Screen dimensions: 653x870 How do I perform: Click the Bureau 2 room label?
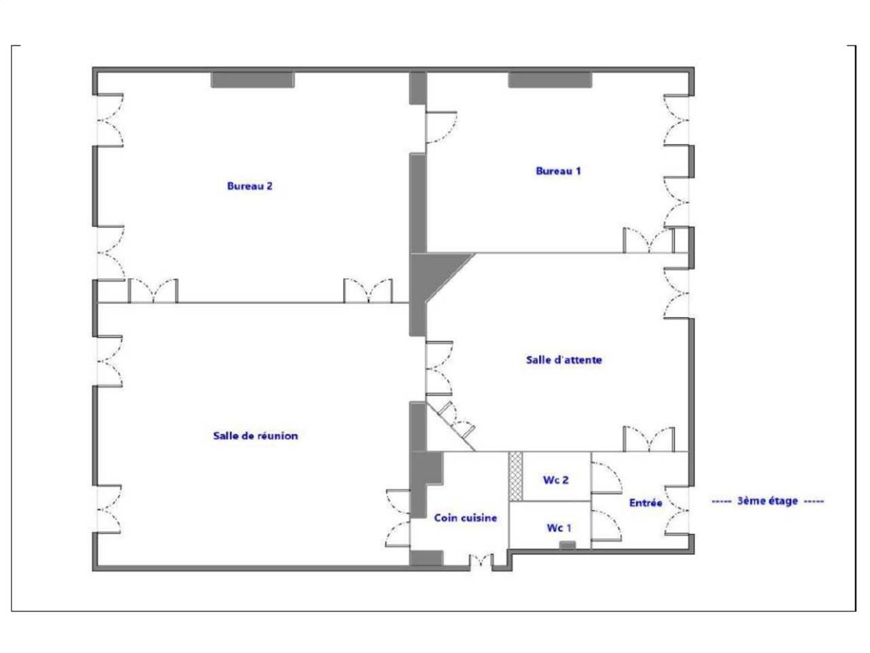coord(249,186)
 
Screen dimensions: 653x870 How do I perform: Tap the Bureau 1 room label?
coord(558,171)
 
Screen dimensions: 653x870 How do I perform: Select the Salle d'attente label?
coord(563,360)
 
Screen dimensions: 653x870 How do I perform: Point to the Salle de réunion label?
coord(255,435)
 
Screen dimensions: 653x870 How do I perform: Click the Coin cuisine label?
coord(465,518)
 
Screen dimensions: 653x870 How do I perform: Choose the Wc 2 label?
coord(555,480)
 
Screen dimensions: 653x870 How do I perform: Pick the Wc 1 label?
coord(559,528)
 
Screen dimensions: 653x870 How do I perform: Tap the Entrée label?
coord(645,503)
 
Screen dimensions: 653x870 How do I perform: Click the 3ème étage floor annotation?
coord(767,501)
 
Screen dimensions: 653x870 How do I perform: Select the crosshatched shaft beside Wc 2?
coord(515,476)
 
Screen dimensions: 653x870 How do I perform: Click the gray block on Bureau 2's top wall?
coord(252,80)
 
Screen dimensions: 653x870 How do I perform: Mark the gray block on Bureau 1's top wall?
coord(550,80)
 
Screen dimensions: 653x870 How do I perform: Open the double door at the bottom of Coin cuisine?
coord(480,560)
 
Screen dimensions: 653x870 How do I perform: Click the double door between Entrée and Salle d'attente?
coord(649,439)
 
